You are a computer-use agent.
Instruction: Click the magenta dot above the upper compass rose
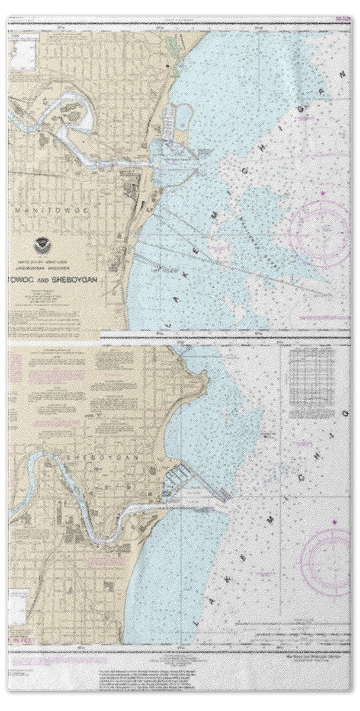click(x=323, y=193)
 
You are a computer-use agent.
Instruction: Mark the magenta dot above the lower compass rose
click(x=335, y=521)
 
